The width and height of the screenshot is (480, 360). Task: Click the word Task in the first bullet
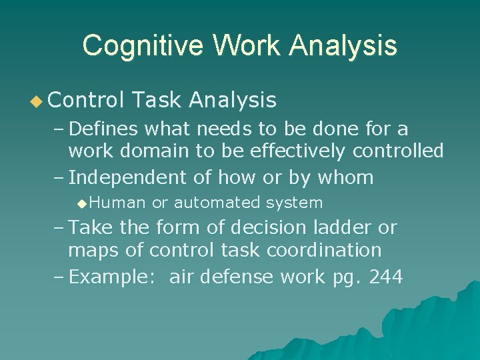coord(157,100)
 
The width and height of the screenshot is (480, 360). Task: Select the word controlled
coord(398,151)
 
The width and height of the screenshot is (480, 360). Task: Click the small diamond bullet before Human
coord(81,202)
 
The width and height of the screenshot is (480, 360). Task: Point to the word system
coord(294,202)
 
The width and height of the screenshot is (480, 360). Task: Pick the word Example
coord(115,277)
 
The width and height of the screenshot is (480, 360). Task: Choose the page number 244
coord(386,277)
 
